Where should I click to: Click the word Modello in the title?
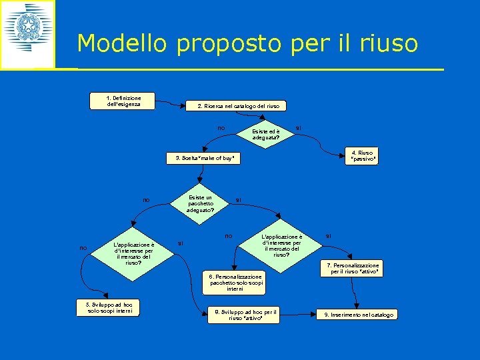(x=123, y=44)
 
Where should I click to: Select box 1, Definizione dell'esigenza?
(x=123, y=101)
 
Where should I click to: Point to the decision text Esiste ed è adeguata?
(x=265, y=135)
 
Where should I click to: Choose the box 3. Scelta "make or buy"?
(x=205, y=158)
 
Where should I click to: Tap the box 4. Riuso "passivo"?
(x=363, y=156)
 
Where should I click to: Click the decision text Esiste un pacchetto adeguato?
(x=200, y=203)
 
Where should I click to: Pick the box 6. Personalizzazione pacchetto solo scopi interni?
(x=235, y=282)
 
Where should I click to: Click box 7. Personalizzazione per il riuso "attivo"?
(x=353, y=269)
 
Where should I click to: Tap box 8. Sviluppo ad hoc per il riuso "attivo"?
(x=245, y=315)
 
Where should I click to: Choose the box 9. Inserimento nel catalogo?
(x=359, y=314)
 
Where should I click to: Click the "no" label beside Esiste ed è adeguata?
(x=221, y=127)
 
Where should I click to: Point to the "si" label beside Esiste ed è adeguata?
(x=299, y=127)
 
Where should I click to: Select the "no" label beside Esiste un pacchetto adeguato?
(x=146, y=199)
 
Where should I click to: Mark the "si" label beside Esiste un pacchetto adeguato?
(x=239, y=199)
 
